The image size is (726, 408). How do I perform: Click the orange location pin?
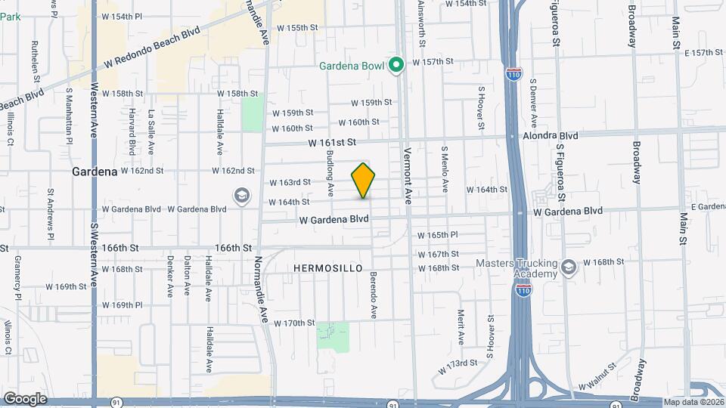click(x=363, y=181)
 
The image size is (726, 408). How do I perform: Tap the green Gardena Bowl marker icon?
click(x=396, y=65)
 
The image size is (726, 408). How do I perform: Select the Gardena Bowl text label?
click(x=352, y=66)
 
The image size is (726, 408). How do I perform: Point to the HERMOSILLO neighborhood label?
click(x=327, y=268)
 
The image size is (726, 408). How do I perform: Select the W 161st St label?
click(x=331, y=142)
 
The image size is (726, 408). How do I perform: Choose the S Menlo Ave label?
click(x=445, y=170)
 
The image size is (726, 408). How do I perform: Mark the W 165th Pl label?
click(x=438, y=236)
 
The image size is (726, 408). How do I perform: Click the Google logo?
click(x=25, y=398)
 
